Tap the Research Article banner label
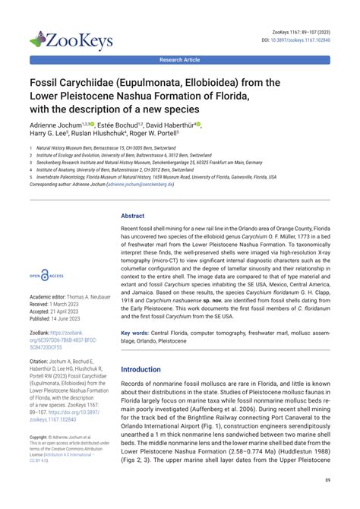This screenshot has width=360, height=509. [179, 58]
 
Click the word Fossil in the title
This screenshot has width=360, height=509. [48, 81]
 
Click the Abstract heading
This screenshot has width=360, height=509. [133, 216]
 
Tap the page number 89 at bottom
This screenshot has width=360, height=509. [326, 479]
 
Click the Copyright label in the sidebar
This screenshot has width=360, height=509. [42, 438]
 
